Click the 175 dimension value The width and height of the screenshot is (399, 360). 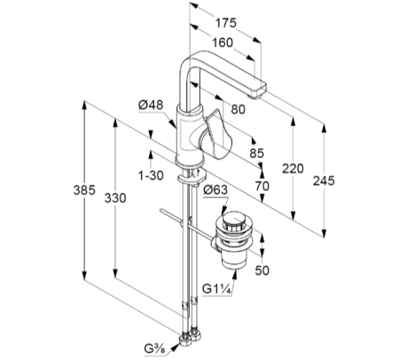click(x=225, y=23)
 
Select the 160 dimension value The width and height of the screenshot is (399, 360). click(x=223, y=43)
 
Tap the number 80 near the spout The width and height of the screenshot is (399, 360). click(x=238, y=109)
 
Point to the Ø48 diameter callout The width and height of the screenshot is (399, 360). click(x=151, y=105)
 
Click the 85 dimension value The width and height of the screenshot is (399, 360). click(x=256, y=153)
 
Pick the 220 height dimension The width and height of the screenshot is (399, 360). click(x=293, y=168)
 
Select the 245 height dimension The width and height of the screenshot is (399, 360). click(x=324, y=181)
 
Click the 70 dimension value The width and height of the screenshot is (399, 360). click(x=262, y=186)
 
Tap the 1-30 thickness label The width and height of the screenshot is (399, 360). click(x=151, y=176)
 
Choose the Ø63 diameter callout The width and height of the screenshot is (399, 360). click(x=215, y=190)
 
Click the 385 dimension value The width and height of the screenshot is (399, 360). click(x=84, y=190)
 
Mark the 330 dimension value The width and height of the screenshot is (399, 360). click(x=115, y=198)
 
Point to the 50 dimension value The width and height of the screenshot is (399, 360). click(x=262, y=270)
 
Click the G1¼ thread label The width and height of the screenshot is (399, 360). click(x=216, y=289)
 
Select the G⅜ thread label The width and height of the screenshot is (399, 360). click(x=154, y=348)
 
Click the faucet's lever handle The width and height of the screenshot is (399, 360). click(x=215, y=135)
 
